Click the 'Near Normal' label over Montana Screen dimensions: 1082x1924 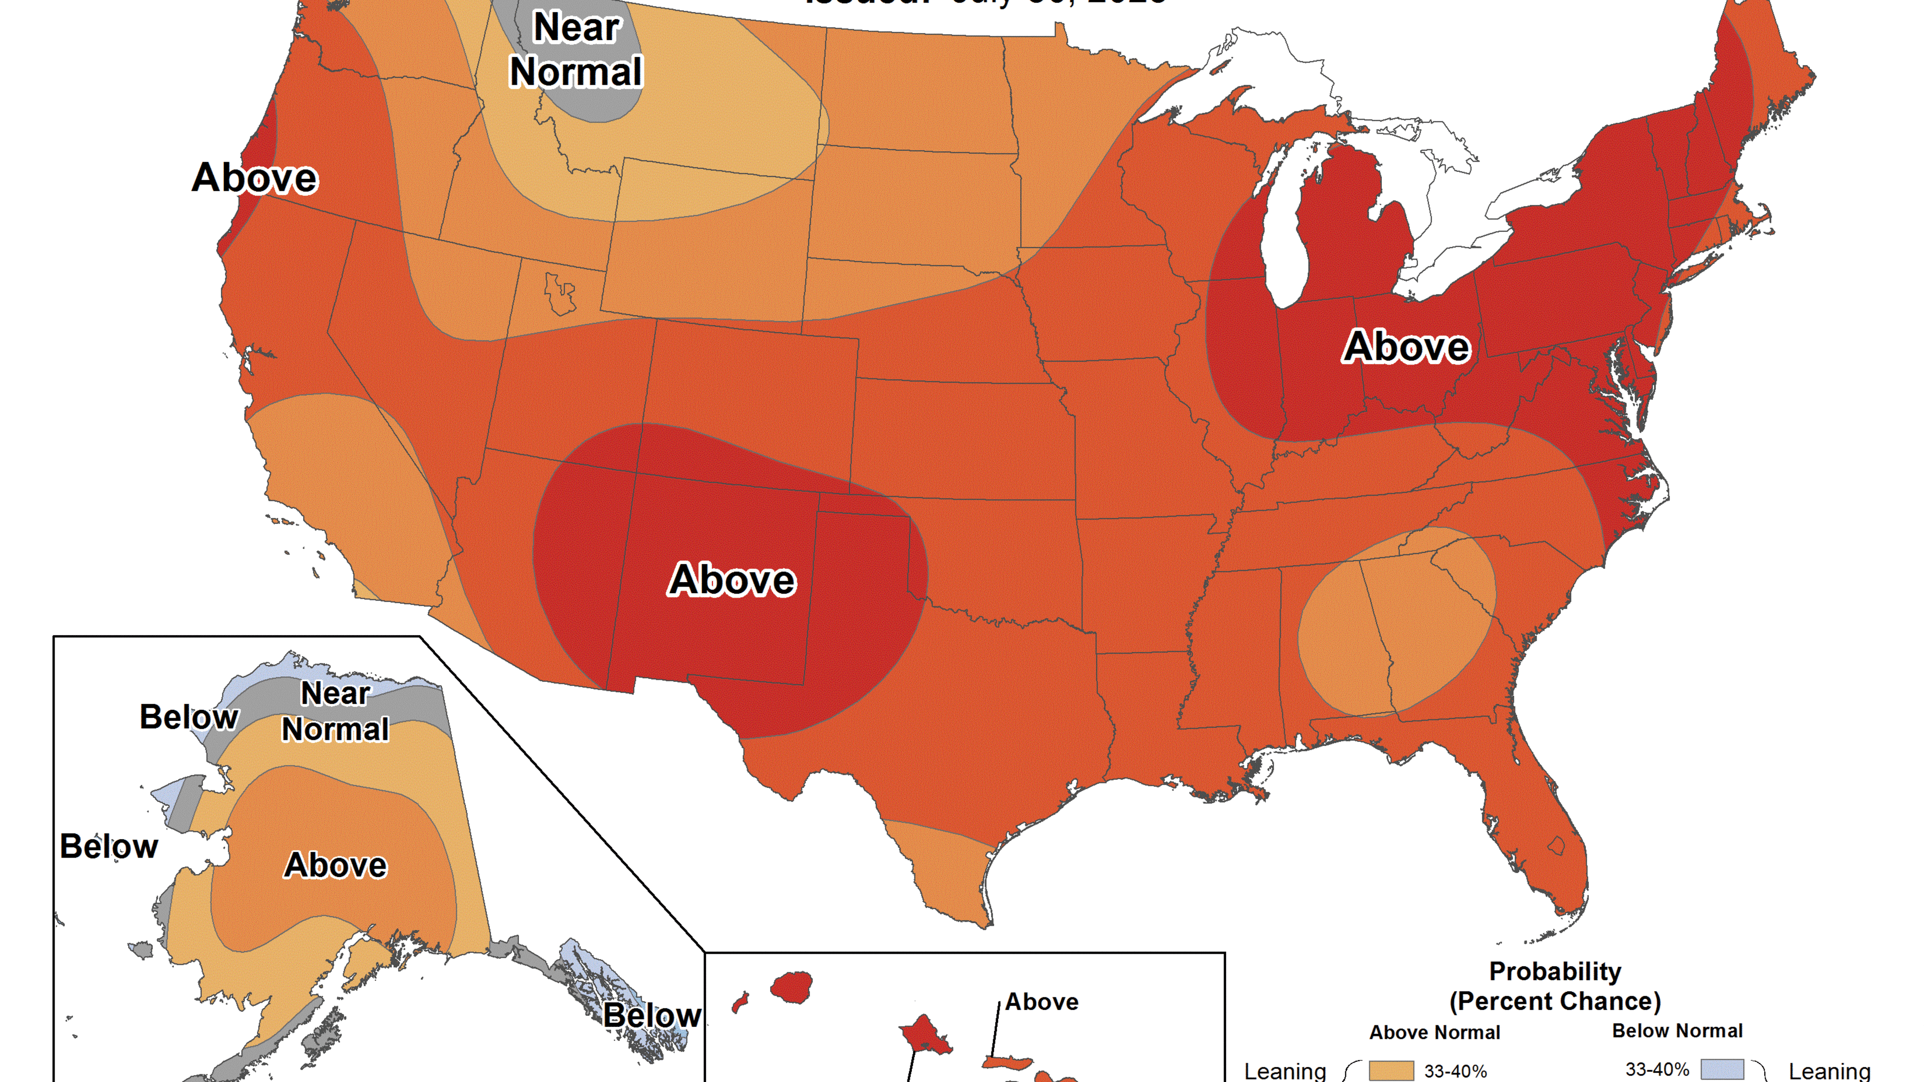click(576, 50)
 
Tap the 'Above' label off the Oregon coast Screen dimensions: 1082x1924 click(255, 178)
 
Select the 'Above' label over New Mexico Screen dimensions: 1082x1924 click(732, 580)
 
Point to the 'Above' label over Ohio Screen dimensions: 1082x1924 click(1406, 347)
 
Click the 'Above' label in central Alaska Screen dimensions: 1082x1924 click(335, 865)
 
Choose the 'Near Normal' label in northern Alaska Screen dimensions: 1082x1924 click(335, 712)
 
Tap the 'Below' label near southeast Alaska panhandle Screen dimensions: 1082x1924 click(651, 1015)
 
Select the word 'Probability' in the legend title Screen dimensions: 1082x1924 click(1555, 971)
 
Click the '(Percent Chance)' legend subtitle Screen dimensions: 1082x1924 click(1555, 1001)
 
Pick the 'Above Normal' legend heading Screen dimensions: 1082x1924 click(1434, 1032)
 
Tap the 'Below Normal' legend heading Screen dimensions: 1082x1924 click(1677, 1030)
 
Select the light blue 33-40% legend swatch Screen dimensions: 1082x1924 click(1723, 1069)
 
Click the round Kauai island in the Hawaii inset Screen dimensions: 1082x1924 click(792, 986)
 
